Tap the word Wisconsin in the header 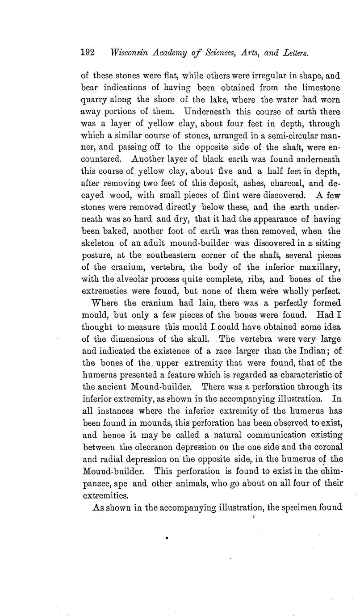tap(130, 53)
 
